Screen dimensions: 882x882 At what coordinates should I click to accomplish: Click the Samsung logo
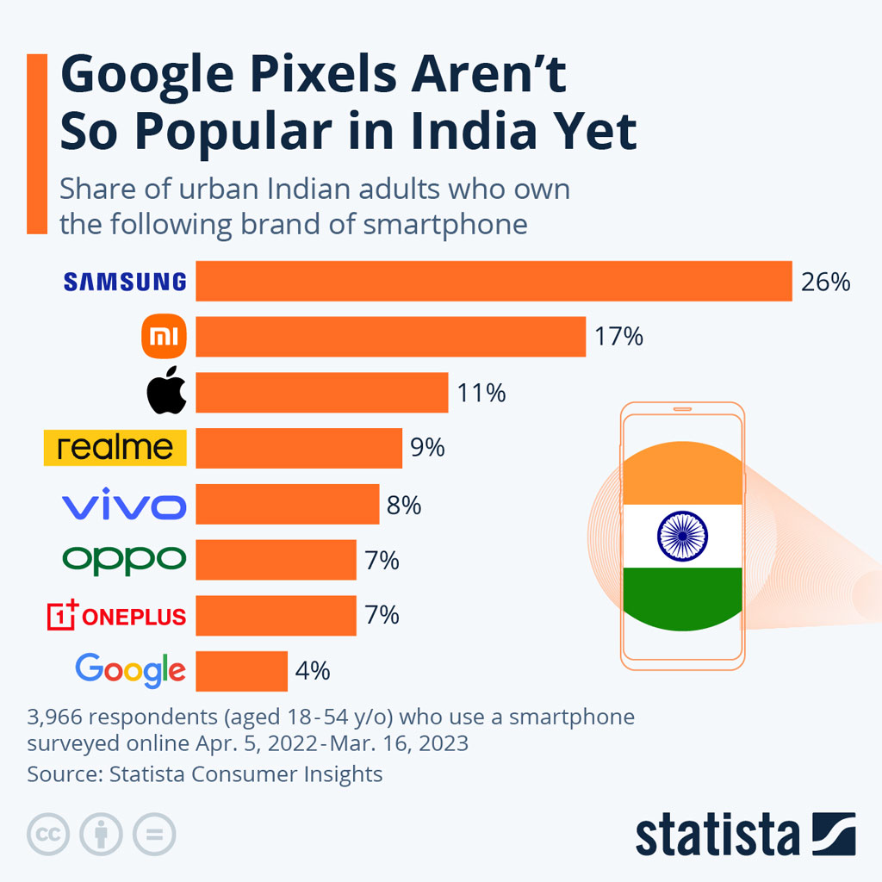pos(125,282)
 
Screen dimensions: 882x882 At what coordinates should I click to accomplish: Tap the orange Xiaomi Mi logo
pos(163,337)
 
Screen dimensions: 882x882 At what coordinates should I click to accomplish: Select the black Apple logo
pos(165,393)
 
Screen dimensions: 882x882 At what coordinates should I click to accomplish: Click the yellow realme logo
pos(115,448)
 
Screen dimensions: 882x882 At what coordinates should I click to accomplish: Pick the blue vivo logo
pos(124,505)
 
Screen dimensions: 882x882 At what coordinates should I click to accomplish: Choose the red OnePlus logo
pos(116,616)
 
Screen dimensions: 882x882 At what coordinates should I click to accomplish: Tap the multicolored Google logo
pos(130,670)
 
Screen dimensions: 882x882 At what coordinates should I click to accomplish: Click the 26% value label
pos(825,282)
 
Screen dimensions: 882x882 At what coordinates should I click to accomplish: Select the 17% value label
pos(618,337)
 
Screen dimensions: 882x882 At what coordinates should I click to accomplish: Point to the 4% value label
pos(314,671)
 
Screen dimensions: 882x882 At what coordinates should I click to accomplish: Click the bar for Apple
pos(321,393)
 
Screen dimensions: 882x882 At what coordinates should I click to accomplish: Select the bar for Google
pos(241,671)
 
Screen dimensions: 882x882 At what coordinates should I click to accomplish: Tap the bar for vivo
pos(287,504)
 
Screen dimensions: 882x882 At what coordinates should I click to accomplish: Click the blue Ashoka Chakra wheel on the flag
pos(681,536)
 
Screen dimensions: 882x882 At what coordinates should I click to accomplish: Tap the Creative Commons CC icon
pos(48,834)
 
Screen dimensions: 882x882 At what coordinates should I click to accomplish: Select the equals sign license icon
pos(155,834)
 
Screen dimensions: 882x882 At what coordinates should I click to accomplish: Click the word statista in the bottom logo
pos(717,834)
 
